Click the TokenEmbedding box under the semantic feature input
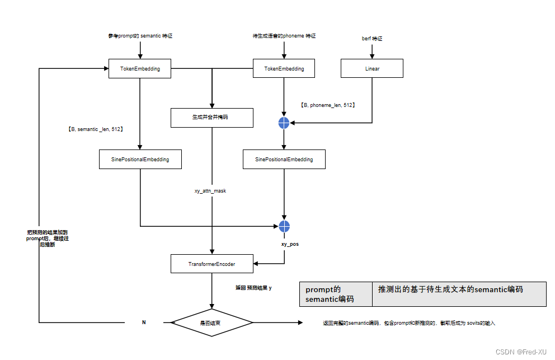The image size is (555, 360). (x=140, y=69)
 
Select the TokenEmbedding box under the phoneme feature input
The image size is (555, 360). (x=284, y=69)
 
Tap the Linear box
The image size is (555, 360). (x=372, y=69)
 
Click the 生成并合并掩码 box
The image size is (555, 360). (x=211, y=118)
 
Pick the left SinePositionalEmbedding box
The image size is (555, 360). (x=140, y=160)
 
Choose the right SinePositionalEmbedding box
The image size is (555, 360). (x=284, y=160)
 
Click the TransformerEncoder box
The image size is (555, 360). (x=211, y=264)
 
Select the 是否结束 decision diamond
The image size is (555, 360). (x=211, y=323)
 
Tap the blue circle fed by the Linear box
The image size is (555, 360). (x=284, y=123)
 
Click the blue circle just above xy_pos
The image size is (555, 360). (x=284, y=226)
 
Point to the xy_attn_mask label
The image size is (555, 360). (x=210, y=191)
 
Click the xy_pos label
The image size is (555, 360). (x=289, y=245)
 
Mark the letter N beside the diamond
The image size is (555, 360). (x=144, y=323)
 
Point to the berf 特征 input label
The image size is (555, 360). (x=372, y=39)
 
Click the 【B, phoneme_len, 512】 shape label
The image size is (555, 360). (x=328, y=105)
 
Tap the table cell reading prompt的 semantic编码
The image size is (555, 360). (x=336, y=294)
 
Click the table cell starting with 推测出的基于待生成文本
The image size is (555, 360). (x=459, y=290)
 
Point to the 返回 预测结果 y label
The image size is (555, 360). (x=253, y=288)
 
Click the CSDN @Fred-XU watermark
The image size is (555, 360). (x=521, y=352)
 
